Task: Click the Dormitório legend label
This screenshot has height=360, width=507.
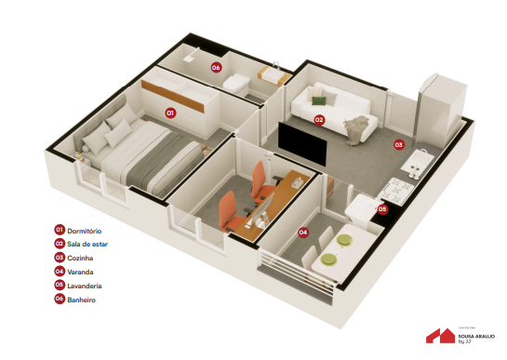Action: click(x=84, y=230)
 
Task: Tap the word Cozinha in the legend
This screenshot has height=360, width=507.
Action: click(x=80, y=258)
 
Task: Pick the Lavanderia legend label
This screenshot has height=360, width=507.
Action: click(x=85, y=286)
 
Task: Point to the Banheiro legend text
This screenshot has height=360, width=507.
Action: click(x=82, y=300)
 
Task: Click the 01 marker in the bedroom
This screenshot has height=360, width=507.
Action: click(x=170, y=112)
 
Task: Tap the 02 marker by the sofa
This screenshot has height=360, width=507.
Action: click(x=318, y=120)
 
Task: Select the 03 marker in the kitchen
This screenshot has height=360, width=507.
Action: click(x=398, y=145)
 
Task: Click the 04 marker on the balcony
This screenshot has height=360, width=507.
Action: click(x=302, y=232)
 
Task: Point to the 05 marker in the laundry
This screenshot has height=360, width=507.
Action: click(x=381, y=209)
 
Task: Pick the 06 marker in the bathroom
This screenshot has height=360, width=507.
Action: click(x=215, y=67)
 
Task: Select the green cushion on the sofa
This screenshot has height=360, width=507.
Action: click(x=319, y=98)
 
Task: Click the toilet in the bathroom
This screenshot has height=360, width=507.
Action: click(x=237, y=82)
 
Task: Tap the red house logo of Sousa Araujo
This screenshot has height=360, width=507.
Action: click(x=439, y=335)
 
